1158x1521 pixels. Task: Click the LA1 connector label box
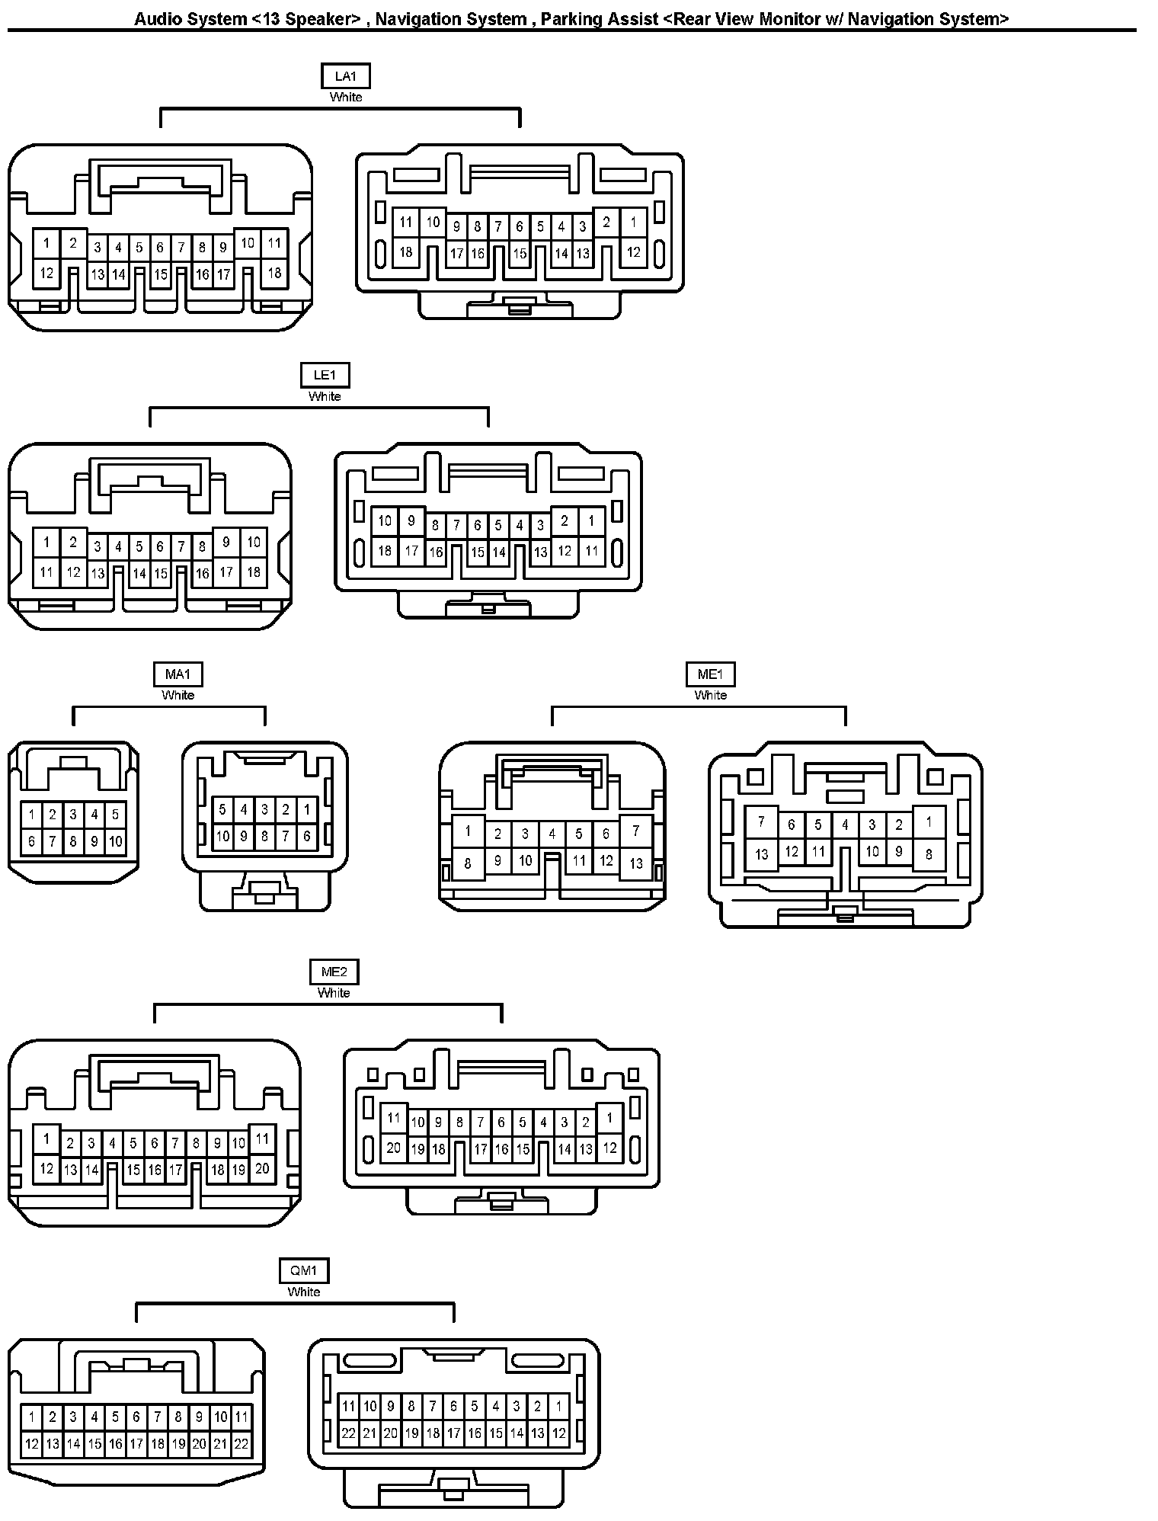pos(346,76)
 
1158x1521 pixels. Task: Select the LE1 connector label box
pos(325,375)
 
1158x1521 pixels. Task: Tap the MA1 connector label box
pos(178,674)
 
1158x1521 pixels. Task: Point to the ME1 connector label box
pos(710,674)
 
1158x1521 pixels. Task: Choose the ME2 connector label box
pos(334,972)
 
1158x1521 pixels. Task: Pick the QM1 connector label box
pos(304,1271)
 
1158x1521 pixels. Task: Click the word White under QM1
pos(304,1292)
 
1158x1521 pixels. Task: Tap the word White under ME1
pos(710,695)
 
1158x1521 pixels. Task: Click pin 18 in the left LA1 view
pos(274,272)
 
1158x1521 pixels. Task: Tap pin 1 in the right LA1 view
pos(633,223)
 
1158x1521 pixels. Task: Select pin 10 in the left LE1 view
pos(254,542)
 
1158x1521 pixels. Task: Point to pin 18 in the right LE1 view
pos(385,550)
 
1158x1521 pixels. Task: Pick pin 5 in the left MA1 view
pos(115,815)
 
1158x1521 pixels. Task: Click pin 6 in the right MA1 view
pos(306,836)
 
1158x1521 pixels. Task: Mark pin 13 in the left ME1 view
pos(636,863)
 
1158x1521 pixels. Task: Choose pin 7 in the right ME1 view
pos(761,822)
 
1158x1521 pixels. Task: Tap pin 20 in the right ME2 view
pos(393,1147)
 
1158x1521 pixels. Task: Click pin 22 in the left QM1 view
pos(241,1443)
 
